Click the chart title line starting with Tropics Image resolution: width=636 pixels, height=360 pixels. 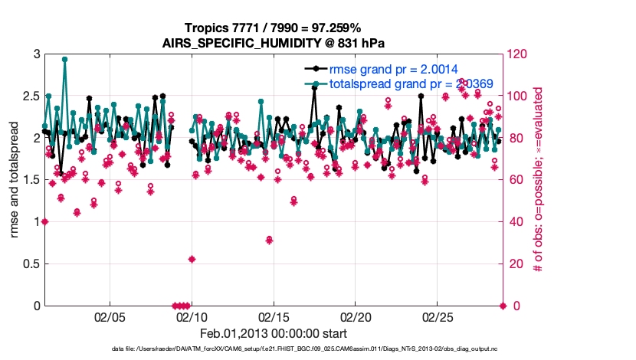pos(274,28)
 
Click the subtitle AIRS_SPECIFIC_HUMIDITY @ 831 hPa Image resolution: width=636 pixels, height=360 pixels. pos(274,42)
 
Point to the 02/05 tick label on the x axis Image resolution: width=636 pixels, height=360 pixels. pos(108,317)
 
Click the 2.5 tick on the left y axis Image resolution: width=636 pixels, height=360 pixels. pos(30,97)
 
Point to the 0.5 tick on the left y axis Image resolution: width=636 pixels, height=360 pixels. pos(30,264)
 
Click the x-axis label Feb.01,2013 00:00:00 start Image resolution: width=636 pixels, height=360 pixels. pos(274,333)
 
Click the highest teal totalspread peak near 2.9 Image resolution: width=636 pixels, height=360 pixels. pos(64,59)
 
